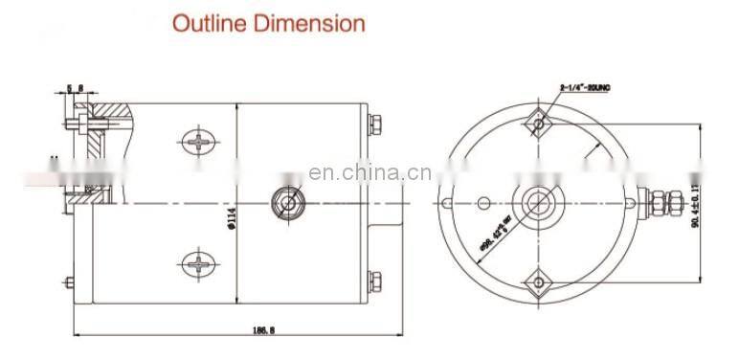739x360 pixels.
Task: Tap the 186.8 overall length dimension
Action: coord(235,330)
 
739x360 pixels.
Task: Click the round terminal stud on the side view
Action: coord(287,202)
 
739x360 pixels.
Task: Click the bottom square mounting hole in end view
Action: coord(536,281)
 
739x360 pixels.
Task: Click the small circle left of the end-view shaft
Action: coord(484,202)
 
